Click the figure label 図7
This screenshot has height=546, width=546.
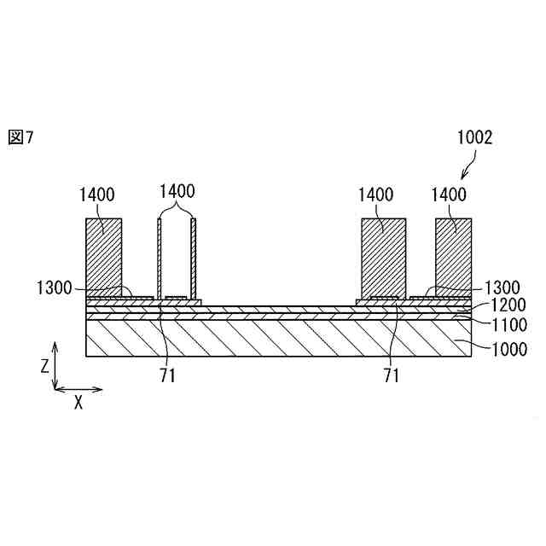[x=21, y=137]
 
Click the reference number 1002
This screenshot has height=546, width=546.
[x=474, y=136]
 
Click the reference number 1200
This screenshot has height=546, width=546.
[x=502, y=305]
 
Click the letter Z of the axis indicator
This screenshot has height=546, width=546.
[x=44, y=365]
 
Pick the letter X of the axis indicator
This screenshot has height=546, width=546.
[x=78, y=403]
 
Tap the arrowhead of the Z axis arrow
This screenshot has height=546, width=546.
[x=55, y=346]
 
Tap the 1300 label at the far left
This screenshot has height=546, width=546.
[x=55, y=288]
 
